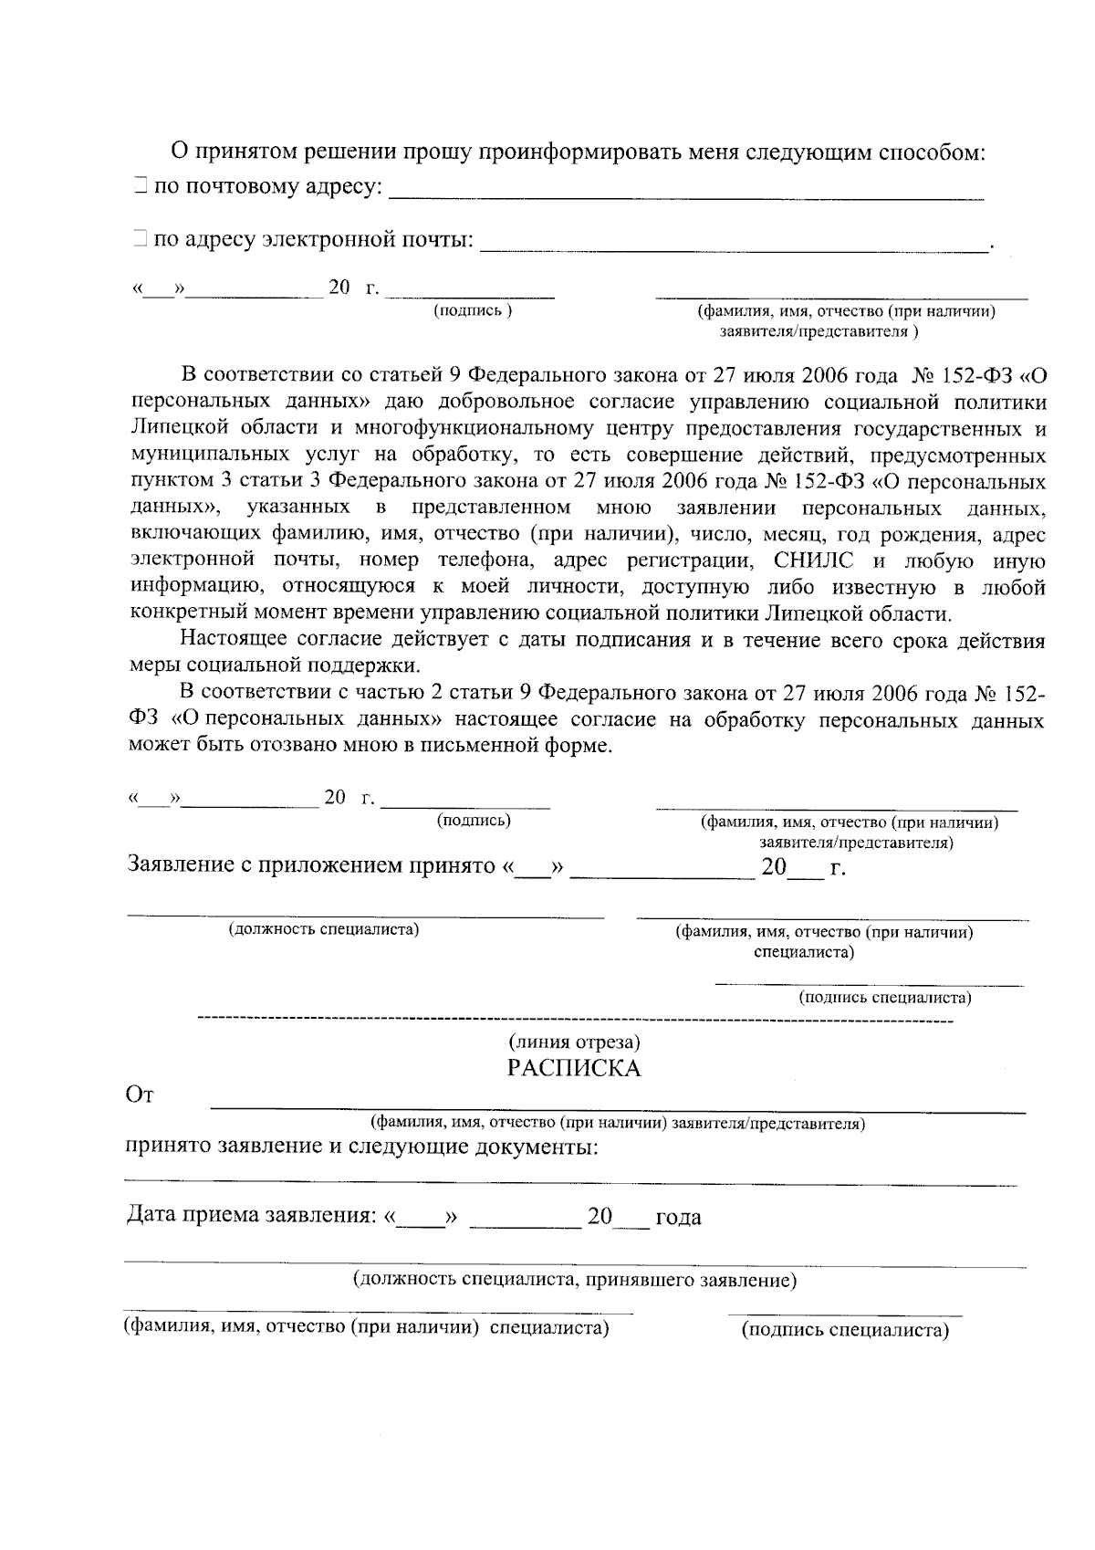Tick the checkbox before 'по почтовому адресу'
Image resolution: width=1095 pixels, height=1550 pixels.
pyautogui.click(x=138, y=187)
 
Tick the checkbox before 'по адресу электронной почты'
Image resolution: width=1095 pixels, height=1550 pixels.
pyautogui.click(x=138, y=240)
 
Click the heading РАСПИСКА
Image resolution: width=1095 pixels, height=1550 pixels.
pyautogui.click(x=574, y=1068)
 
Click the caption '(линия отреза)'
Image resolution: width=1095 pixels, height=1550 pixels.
pyautogui.click(x=574, y=1042)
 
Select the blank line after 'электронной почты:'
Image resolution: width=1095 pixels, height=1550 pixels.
pyautogui.click(x=734, y=246)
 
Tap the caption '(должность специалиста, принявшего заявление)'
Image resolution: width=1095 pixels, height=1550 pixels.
pyautogui.click(x=575, y=1280)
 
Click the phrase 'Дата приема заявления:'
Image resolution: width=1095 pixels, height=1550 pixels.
pyautogui.click(x=251, y=1217)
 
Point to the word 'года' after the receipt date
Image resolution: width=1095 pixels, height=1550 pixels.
pyautogui.click(x=678, y=1218)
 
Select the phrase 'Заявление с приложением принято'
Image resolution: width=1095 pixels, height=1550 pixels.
pyautogui.click(x=310, y=865)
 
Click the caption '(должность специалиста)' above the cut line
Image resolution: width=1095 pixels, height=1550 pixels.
pyautogui.click(x=323, y=929)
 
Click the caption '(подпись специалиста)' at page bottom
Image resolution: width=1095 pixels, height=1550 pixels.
pyautogui.click(x=845, y=1330)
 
